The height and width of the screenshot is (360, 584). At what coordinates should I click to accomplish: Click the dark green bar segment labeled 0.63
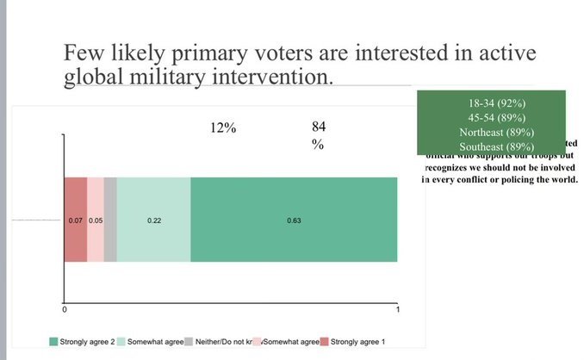pyautogui.click(x=294, y=220)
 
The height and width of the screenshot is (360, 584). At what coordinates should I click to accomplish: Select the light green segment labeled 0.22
pyautogui.click(x=153, y=220)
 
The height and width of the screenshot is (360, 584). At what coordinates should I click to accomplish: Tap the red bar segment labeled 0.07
pyautogui.click(x=75, y=220)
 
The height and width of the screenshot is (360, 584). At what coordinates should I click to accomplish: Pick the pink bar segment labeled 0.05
pyautogui.click(x=96, y=220)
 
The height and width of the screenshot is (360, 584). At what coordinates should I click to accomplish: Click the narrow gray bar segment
pyautogui.click(x=110, y=220)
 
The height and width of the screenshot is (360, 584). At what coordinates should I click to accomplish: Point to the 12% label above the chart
pyautogui.click(x=223, y=128)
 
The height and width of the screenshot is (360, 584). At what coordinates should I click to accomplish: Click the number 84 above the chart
pyautogui.click(x=319, y=127)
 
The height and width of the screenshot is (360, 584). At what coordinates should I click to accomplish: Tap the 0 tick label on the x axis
pyautogui.click(x=65, y=309)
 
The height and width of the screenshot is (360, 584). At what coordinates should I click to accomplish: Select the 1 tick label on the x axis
pyautogui.click(x=397, y=309)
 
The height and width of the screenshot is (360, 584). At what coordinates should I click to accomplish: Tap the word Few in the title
pyautogui.click(x=83, y=53)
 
